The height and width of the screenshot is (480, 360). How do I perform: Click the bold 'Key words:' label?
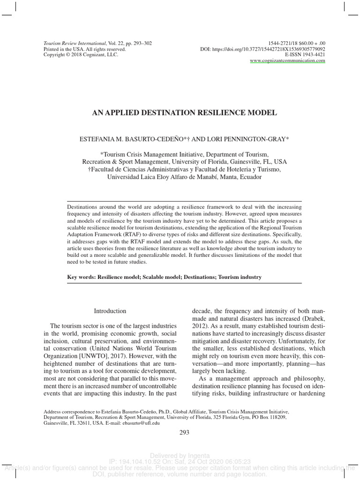(82, 277)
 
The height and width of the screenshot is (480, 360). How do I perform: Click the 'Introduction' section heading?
(110, 311)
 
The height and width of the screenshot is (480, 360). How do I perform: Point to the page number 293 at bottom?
(184, 432)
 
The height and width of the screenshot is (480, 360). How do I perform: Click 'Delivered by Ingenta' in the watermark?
(180, 455)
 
